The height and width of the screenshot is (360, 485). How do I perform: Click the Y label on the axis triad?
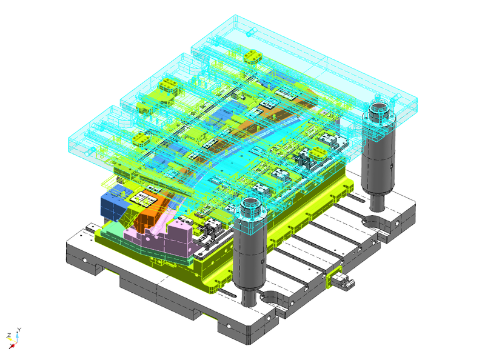click(19, 330)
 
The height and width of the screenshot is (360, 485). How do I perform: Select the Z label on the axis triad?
click(9, 335)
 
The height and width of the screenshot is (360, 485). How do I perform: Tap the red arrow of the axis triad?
click(12, 346)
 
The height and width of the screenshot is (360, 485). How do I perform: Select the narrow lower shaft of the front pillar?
click(249, 296)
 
